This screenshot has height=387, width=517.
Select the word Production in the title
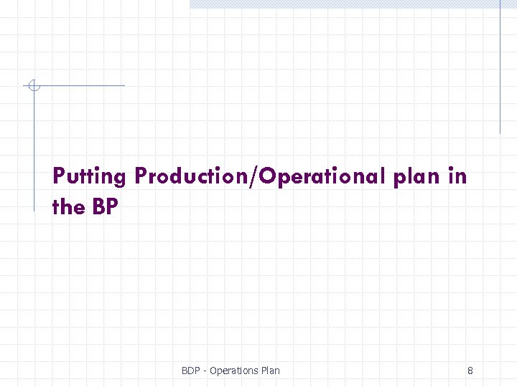(190, 176)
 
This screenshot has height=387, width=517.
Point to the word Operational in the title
(325, 176)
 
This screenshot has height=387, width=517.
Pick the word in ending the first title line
(457, 176)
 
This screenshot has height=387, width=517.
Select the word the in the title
(69, 207)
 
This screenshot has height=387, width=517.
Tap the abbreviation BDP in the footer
(191, 371)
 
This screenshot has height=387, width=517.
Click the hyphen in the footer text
(206, 371)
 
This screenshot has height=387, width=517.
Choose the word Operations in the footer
(233, 371)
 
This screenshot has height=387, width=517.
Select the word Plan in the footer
(269, 371)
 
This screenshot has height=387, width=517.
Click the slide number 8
(470, 371)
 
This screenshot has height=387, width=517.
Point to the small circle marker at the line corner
(33, 86)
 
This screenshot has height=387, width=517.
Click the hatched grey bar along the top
(345, 4)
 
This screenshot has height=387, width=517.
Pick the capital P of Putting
(59, 176)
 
